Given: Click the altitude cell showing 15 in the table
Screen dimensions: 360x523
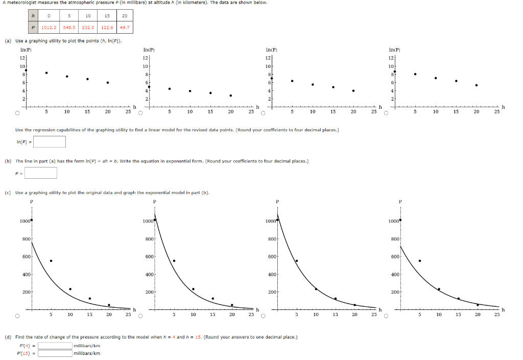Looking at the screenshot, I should coord(107,16).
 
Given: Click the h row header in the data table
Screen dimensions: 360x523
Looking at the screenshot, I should coord(34,16).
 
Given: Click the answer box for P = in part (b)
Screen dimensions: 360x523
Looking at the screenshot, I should coord(41,173).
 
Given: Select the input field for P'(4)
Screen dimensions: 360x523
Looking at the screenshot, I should coord(55,346).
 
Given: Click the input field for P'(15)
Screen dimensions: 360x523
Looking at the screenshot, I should coord(55,353).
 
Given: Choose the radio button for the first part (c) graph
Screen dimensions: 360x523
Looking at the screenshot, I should coord(17,316).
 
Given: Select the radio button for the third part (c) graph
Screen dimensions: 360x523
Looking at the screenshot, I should coord(263,316).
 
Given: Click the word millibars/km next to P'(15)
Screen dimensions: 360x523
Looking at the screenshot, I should coord(87,353).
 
